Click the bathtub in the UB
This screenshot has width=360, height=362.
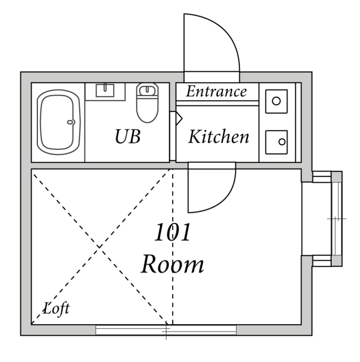(x=58, y=122)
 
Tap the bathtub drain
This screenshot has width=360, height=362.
(x=71, y=122)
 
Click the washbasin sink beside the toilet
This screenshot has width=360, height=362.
(x=105, y=90)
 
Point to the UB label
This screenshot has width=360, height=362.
(x=127, y=137)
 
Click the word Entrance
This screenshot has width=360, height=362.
(x=216, y=92)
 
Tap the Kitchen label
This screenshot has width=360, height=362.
(x=218, y=137)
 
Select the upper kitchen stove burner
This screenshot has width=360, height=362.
(x=276, y=101)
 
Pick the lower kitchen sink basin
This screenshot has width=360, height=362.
(x=276, y=139)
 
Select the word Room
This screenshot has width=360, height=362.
(x=172, y=264)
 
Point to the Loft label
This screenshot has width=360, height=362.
(x=57, y=309)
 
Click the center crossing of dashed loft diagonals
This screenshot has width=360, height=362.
(x=101, y=247)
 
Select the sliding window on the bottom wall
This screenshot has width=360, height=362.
(x=166, y=330)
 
